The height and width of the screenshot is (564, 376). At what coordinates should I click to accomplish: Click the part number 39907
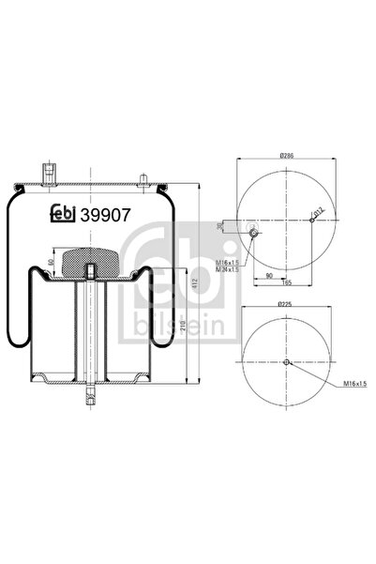coord(104,213)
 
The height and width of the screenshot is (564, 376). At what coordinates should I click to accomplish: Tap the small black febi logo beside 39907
coord(62,214)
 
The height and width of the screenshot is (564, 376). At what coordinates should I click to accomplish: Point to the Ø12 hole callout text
coord(319,213)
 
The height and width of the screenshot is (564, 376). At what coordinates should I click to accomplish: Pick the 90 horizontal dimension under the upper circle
coord(268,275)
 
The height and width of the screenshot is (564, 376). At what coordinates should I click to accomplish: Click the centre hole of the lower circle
coord(288,363)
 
